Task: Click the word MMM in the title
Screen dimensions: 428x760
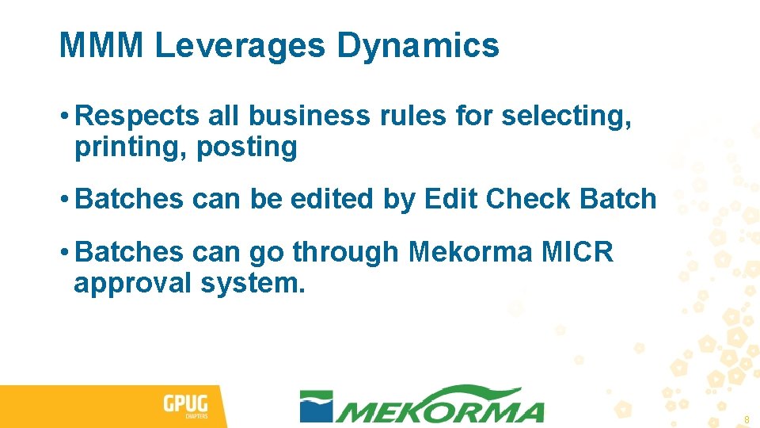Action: tap(101, 45)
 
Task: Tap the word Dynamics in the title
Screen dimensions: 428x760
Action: tap(418, 45)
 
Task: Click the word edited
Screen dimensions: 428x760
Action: tap(332, 199)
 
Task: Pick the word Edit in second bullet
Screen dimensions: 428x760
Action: tap(451, 199)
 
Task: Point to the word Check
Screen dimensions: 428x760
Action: tap(528, 199)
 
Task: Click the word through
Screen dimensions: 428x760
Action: tap(346, 252)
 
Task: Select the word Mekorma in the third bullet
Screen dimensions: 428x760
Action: tap(472, 252)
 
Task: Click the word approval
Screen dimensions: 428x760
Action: tap(132, 283)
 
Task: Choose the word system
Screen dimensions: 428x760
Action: tap(253, 283)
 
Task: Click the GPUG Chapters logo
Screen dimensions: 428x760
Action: tap(184, 407)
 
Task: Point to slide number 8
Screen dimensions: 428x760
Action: tap(746, 419)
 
